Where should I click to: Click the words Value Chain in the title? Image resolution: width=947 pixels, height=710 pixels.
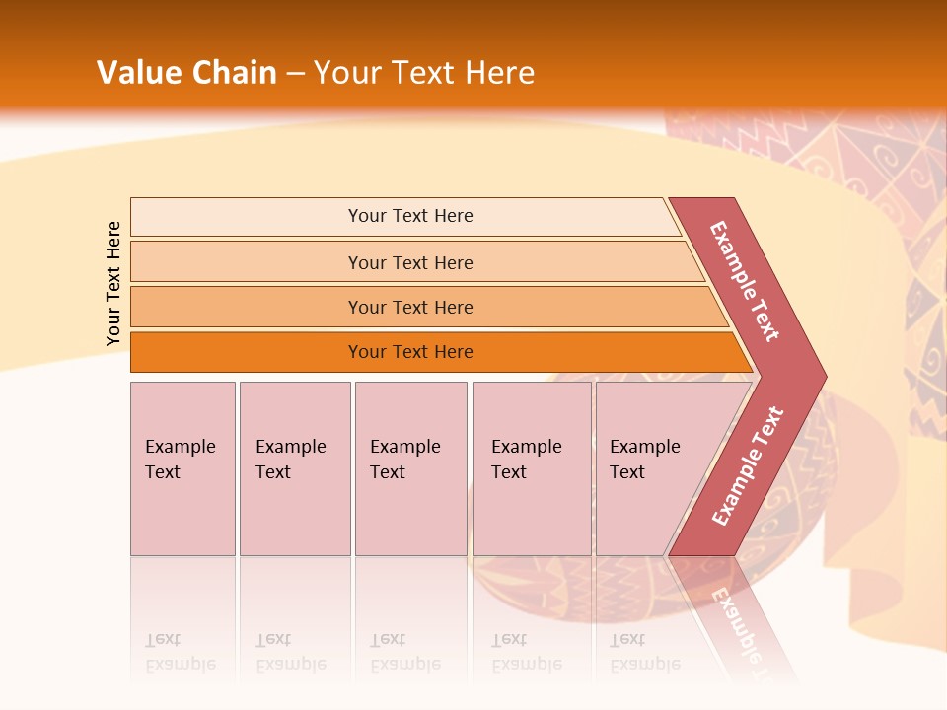(186, 73)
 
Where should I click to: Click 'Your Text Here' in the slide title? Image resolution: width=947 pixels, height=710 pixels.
(424, 73)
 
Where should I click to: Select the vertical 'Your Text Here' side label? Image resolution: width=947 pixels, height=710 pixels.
(113, 283)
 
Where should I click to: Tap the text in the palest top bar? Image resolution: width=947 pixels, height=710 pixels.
(410, 216)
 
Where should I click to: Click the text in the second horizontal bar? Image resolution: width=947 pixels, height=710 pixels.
(410, 263)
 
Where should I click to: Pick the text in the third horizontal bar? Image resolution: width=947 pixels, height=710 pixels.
(410, 308)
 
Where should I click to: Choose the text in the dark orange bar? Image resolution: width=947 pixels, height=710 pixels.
(410, 352)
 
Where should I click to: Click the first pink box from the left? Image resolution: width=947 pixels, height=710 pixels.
(182, 468)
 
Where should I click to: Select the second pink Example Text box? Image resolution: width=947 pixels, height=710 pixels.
(295, 468)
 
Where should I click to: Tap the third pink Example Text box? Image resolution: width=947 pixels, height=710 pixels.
(410, 468)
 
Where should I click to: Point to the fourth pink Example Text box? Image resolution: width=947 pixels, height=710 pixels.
(532, 468)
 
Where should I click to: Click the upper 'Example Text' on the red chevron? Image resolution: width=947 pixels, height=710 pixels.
(745, 281)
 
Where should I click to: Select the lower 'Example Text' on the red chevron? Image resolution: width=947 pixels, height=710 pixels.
(748, 465)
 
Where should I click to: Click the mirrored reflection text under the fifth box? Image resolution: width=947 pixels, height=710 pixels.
(643, 652)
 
